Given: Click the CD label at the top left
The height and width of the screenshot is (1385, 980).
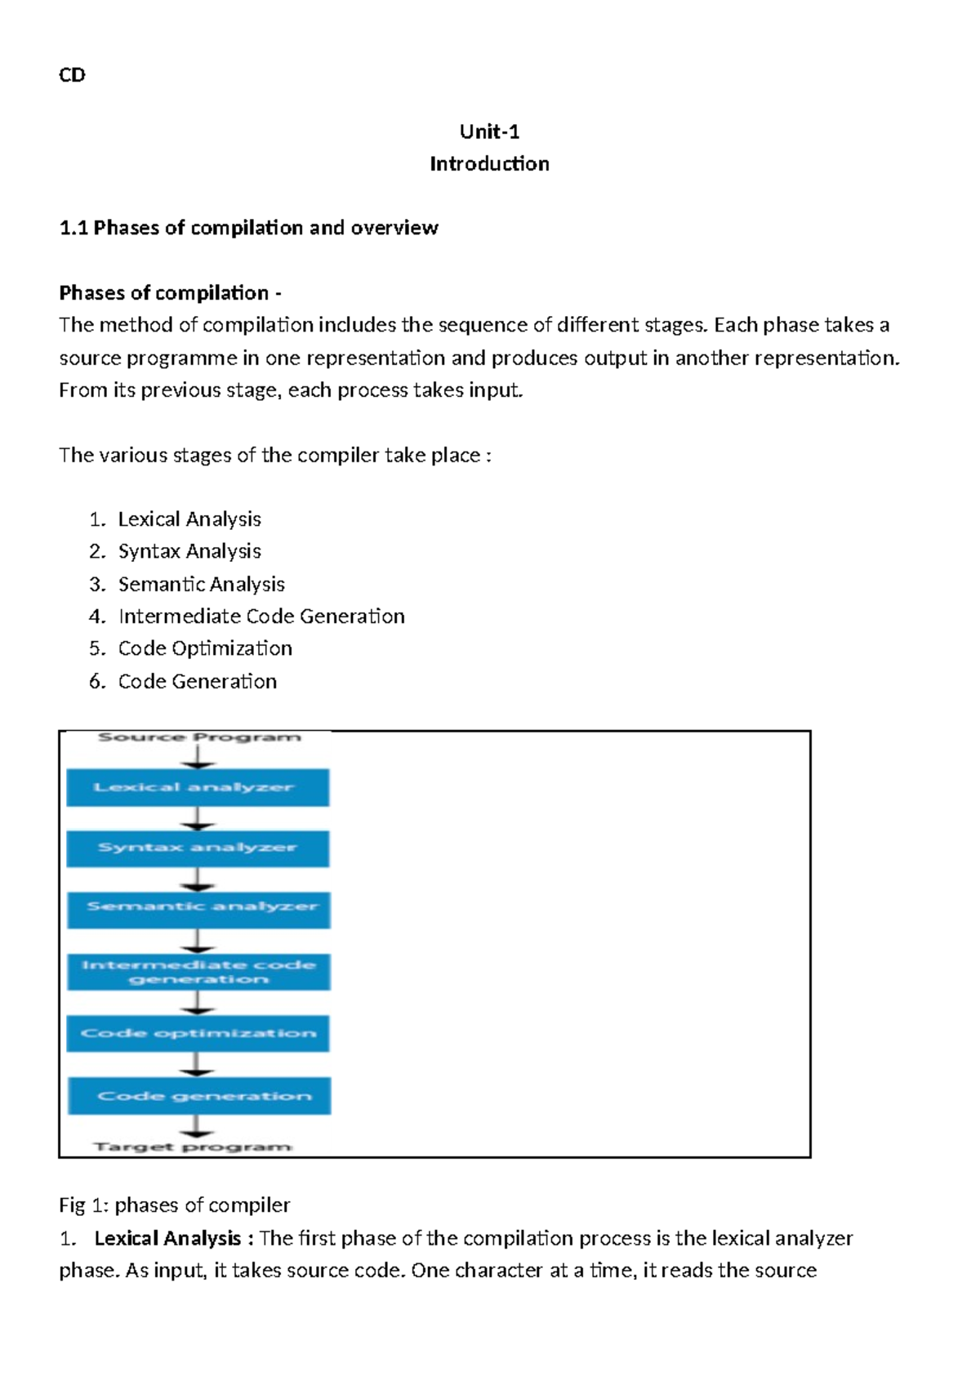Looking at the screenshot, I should pyautogui.click(x=72, y=75).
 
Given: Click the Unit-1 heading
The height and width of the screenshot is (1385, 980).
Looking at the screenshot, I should pyautogui.click(x=489, y=131).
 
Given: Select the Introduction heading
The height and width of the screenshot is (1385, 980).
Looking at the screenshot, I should pyautogui.click(x=489, y=164).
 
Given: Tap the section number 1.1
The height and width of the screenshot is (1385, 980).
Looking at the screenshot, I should pyautogui.click(x=73, y=228).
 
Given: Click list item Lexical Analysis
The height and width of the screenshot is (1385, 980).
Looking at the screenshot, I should pyautogui.click(x=189, y=519).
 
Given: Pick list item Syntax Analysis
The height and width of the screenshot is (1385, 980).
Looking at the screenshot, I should pyautogui.click(x=189, y=551).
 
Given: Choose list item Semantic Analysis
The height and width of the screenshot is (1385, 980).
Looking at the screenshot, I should pyautogui.click(x=201, y=584).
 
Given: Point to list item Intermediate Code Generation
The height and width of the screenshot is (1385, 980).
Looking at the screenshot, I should pyautogui.click(x=261, y=616).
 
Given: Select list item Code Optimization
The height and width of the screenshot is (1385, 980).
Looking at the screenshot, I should pyautogui.click(x=205, y=648).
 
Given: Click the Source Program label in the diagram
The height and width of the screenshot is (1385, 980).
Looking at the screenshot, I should pyautogui.click(x=199, y=737).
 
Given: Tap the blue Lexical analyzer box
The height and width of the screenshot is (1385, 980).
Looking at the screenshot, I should pyautogui.click(x=198, y=787).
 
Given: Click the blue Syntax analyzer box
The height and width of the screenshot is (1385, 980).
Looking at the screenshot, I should pyautogui.click(x=198, y=848).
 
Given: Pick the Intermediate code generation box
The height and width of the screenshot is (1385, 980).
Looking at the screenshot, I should pyautogui.click(x=198, y=972).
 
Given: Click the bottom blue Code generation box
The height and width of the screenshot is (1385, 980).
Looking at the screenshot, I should pyautogui.click(x=199, y=1096).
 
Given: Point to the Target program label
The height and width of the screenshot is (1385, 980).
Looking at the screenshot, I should pyautogui.click(x=193, y=1147).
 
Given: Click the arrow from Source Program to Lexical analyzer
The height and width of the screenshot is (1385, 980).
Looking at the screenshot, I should pyautogui.click(x=198, y=757).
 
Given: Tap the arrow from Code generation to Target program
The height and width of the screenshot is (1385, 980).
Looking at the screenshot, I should pyautogui.click(x=196, y=1127).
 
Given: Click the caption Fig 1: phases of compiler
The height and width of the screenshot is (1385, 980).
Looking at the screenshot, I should pyautogui.click(x=175, y=1205).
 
